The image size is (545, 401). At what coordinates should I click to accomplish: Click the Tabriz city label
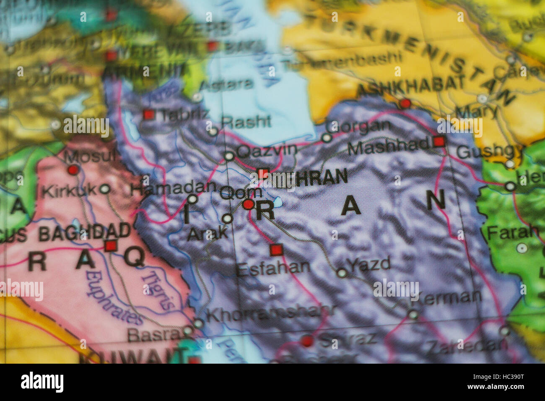185,114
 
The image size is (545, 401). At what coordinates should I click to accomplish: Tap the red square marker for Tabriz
148,115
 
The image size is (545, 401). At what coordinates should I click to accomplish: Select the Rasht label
246,122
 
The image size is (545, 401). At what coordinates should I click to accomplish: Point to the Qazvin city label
267,150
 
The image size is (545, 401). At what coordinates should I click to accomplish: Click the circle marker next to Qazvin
228,156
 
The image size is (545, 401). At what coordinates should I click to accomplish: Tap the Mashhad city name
389,146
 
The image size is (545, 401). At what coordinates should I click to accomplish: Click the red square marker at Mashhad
439,141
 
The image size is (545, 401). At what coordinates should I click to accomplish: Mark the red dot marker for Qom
248,205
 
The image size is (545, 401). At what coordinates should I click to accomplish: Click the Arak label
207,234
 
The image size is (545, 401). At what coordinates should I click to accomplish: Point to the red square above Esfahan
276,250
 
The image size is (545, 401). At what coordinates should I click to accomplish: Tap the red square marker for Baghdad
111,245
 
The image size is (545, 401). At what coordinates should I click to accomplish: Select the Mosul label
90,157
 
